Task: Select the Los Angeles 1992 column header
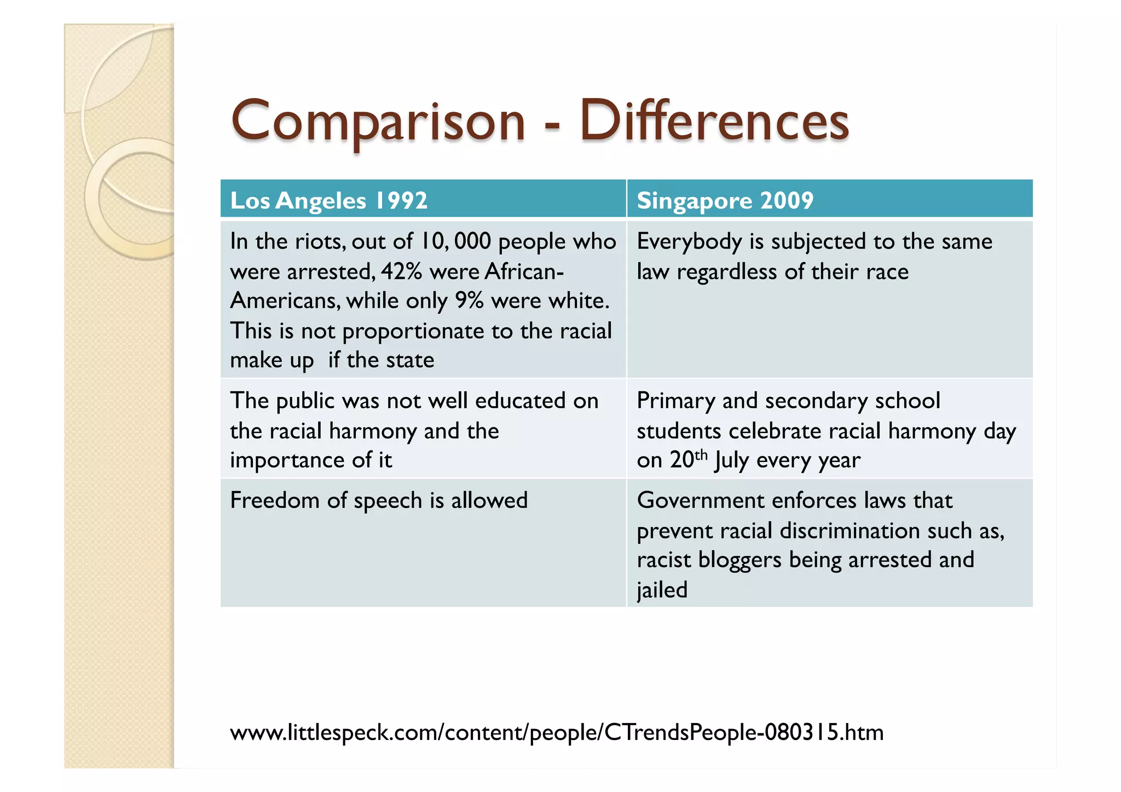point(328,200)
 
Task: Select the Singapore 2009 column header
point(725,200)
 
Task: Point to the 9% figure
point(469,300)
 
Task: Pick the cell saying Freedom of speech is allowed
point(379,500)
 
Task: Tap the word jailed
point(662,590)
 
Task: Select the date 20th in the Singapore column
point(688,459)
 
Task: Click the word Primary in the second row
point(676,401)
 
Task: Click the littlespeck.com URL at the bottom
point(556,732)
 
